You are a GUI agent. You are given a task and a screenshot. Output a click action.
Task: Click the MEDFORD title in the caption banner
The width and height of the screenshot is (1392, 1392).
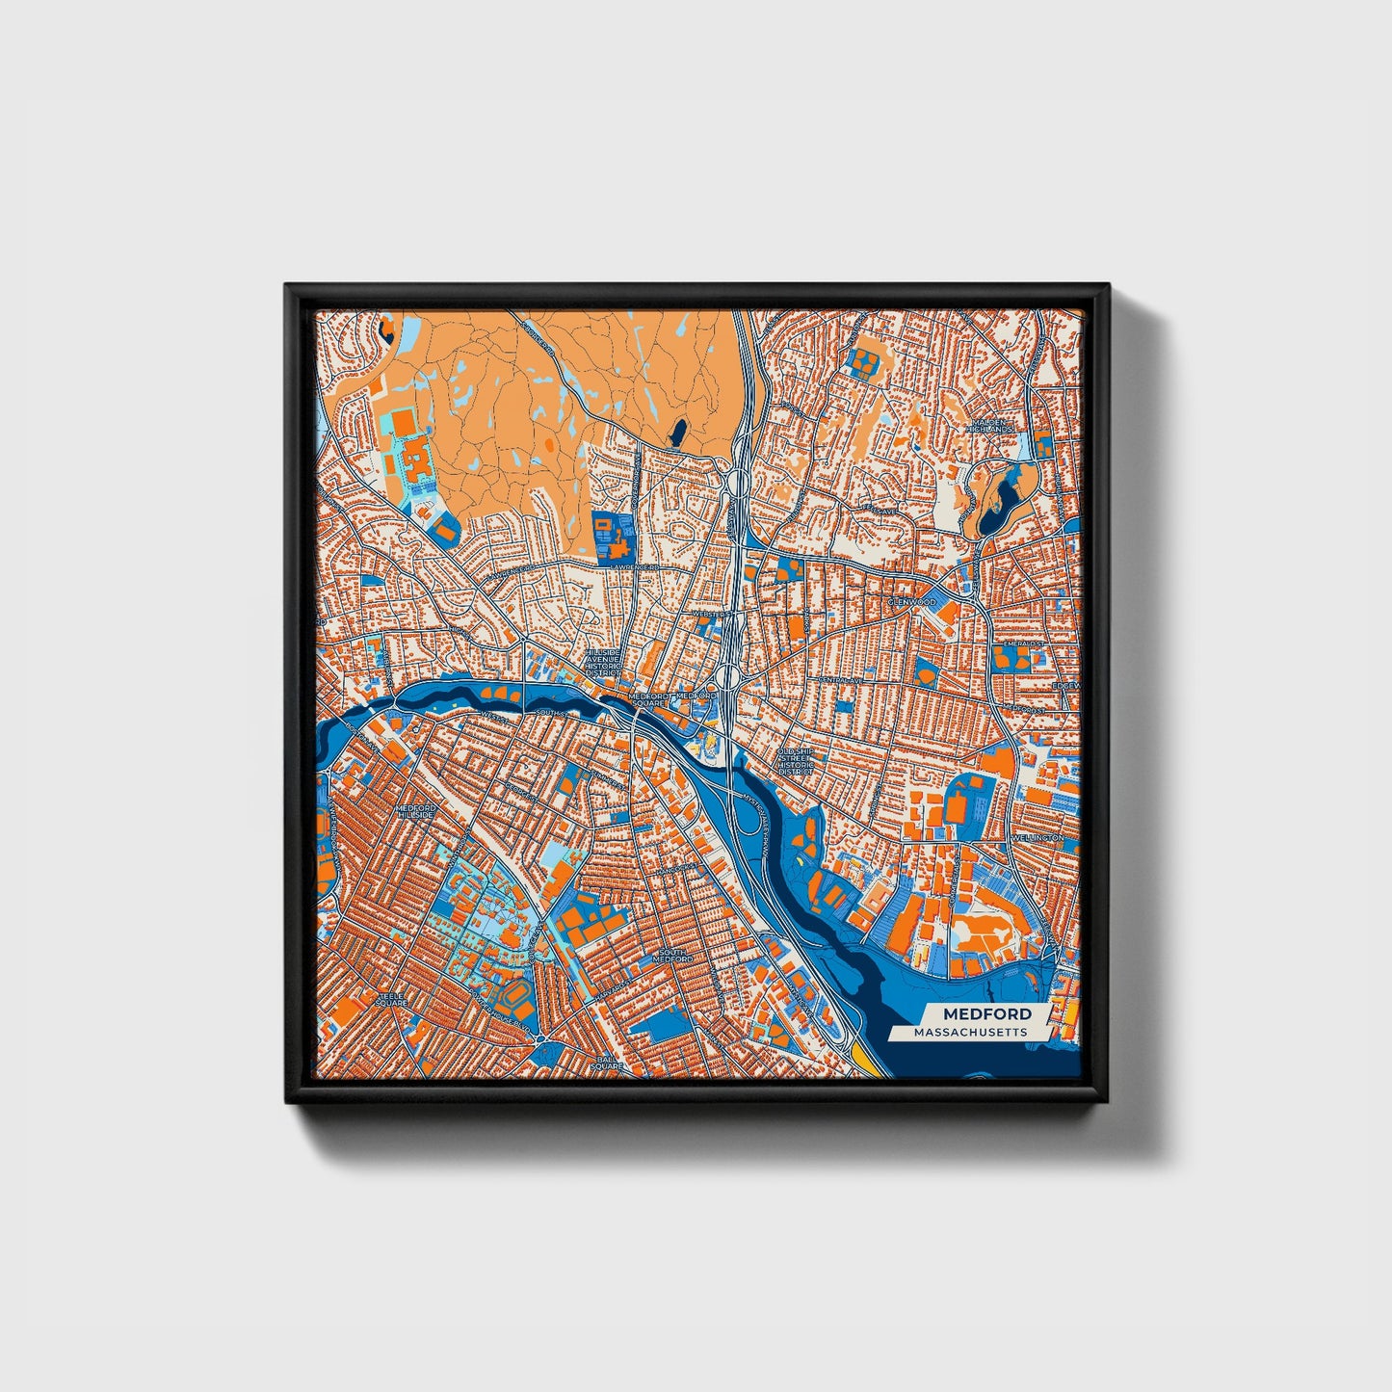click(986, 1013)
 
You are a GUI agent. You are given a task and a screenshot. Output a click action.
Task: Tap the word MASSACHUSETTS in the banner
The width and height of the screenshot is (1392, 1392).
click(971, 1032)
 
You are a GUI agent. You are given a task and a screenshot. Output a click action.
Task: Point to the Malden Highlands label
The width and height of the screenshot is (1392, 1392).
click(992, 425)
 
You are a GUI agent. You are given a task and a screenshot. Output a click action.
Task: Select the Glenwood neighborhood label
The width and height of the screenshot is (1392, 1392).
click(911, 602)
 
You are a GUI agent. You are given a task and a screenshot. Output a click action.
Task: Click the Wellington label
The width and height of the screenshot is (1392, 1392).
click(1037, 838)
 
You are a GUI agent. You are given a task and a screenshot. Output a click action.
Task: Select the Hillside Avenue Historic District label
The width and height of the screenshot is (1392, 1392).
click(606, 662)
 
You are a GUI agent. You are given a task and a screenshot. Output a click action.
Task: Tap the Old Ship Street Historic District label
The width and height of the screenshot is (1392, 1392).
click(795, 761)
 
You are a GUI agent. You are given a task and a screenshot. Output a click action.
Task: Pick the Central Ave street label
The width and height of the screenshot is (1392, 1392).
click(837, 679)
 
